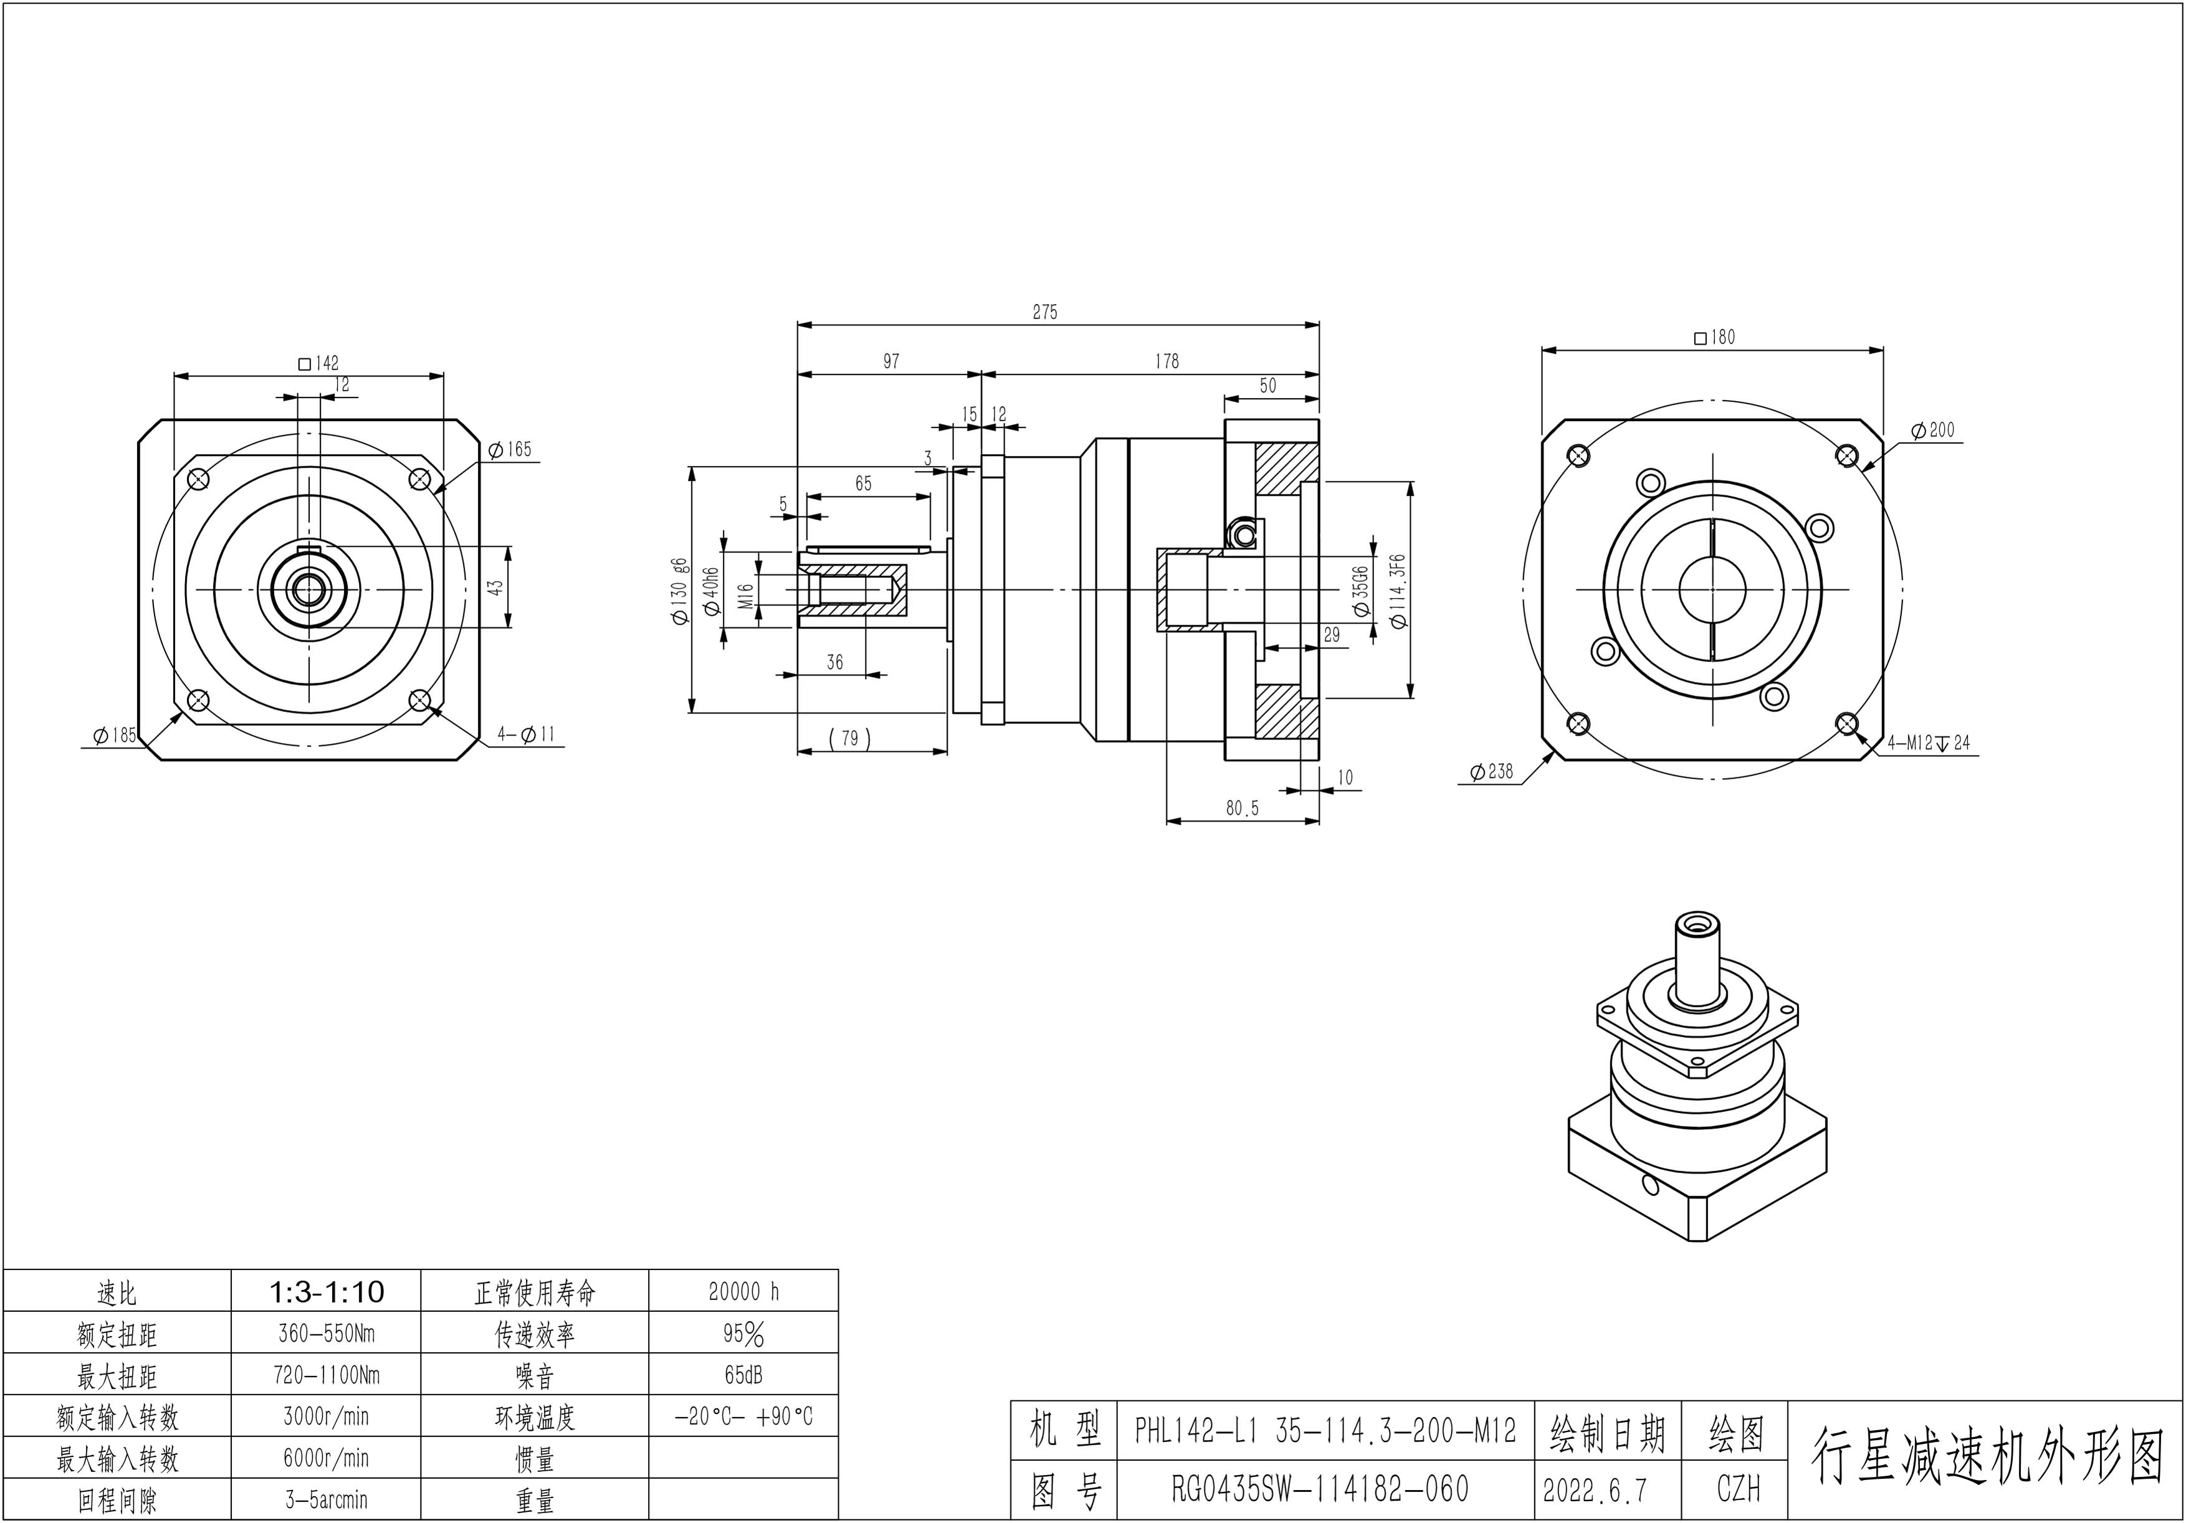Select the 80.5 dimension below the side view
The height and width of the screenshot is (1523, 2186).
click(x=1241, y=808)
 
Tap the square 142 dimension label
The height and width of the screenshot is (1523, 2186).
click(x=319, y=363)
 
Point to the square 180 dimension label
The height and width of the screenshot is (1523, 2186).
click(x=1715, y=337)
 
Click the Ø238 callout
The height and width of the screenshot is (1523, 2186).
click(x=1491, y=771)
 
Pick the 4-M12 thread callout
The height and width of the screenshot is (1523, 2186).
click(x=1929, y=743)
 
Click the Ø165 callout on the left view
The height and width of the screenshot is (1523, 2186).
click(x=510, y=449)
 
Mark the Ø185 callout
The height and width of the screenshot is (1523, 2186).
click(x=115, y=735)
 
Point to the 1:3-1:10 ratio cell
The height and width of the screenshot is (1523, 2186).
click(x=327, y=1292)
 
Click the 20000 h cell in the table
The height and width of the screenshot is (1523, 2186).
click(x=743, y=1292)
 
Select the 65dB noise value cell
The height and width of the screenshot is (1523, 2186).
click(x=743, y=1375)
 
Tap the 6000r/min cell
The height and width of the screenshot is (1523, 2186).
click(x=327, y=1458)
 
